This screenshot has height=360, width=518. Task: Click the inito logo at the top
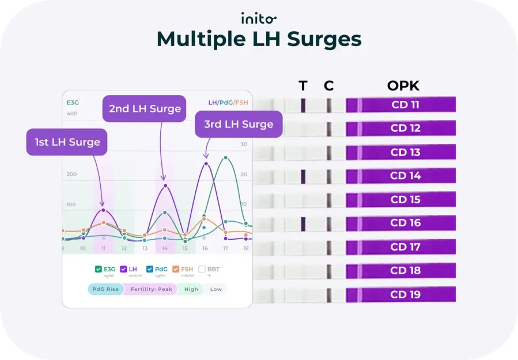click(259, 18)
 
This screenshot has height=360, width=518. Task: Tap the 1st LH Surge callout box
click(67, 142)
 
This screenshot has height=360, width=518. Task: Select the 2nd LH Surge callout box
click(144, 108)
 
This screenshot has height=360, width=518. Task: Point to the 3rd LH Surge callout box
click(238, 124)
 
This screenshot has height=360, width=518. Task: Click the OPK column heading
click(403, 86)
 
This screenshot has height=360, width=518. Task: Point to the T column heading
click(303, 86)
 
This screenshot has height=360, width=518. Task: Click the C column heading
click(328, 86)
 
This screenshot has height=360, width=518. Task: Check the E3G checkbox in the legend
click(97, 269)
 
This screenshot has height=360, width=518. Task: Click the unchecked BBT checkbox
click(202, 269)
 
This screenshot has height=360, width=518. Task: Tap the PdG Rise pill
click(105, 289)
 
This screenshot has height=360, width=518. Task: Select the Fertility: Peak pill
click(151, 289)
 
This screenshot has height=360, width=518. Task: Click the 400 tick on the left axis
click(71, 113)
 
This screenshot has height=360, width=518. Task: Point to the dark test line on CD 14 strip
click(303, 176)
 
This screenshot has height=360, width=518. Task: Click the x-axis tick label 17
click(225, 248)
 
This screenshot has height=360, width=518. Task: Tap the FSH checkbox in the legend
click(176, 269)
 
